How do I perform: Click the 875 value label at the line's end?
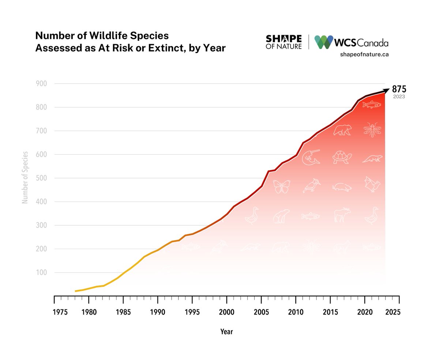point(399,89)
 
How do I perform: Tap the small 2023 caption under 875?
point(399,97)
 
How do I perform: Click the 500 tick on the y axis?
point(41,178)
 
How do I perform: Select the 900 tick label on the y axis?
point(41,84)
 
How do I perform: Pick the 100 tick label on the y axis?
point(41,273)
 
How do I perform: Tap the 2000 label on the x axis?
point(226,312)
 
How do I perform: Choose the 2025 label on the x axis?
point(393,312)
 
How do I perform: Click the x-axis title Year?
point(226,332)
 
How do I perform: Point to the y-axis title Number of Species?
point(25,177)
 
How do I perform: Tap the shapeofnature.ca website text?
point(364,55)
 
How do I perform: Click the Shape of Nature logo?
point(284,42)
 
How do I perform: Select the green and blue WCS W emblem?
point(324,42)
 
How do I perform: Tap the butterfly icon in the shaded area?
point(281,186)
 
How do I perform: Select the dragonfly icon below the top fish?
point(372,130)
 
